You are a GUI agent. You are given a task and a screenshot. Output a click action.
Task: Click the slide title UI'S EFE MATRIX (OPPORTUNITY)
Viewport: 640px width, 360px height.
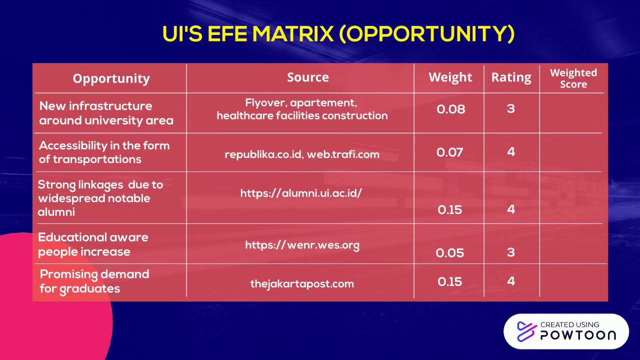(338, 34)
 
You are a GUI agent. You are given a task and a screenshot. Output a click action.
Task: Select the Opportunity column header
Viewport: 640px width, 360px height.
(111, 78)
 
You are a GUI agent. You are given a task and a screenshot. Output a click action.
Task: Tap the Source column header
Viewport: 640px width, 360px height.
(308, 77)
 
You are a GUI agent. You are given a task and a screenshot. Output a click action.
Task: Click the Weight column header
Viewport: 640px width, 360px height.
(450, 77)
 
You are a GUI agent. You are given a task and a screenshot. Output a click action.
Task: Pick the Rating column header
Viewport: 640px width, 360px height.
(511, 77)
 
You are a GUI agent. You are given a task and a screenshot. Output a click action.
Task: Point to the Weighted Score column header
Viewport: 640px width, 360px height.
(573, 78)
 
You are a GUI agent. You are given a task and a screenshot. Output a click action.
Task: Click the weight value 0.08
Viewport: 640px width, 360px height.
(450, 109)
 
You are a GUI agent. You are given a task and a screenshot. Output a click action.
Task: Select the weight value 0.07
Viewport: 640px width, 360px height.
(450, 152)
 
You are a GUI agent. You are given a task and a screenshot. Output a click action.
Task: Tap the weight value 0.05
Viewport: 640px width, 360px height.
(449, 252)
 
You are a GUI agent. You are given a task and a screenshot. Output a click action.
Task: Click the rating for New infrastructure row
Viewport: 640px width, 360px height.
(510, 108)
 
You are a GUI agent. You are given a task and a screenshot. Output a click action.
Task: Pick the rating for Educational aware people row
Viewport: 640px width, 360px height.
(510, 251)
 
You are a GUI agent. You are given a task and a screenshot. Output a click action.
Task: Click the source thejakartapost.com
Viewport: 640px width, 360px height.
(302, 283)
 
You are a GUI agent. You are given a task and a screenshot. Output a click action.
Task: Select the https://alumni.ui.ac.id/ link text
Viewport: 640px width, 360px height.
(301, 193)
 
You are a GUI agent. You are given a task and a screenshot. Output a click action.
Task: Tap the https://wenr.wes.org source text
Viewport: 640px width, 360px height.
(302, 245)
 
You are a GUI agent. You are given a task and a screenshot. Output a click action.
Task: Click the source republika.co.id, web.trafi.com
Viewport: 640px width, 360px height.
(302, 154)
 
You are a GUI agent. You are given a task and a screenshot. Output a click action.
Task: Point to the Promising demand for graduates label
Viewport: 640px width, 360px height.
(94, 281)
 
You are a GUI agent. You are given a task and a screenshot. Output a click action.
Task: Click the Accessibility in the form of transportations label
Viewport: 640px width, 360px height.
(104, 152)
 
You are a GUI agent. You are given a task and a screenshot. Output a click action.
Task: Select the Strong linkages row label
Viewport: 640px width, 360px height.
(100, 198)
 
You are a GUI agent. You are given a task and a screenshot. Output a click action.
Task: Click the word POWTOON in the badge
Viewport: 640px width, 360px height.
(578, 335)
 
